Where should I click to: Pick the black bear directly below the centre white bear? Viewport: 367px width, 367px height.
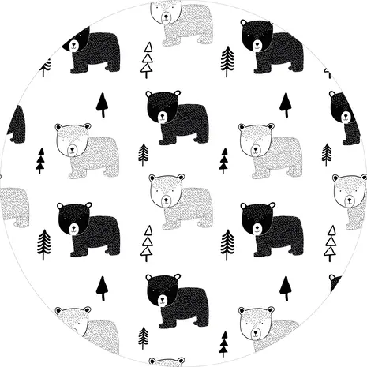coord(178,300)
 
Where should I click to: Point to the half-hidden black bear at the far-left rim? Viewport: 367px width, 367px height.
coord(17,124)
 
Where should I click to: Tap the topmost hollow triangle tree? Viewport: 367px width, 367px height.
coord(148,60)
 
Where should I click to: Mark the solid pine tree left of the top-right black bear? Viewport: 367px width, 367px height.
coord(227,60)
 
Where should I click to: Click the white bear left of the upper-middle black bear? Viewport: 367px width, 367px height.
coord(86,149)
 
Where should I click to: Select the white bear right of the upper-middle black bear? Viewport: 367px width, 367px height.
coord(270,149)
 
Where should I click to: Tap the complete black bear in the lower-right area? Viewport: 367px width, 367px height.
coord(272,229)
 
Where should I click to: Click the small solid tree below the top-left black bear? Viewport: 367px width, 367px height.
coord(102,104)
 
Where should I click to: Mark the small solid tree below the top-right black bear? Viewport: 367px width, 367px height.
coord(285,104)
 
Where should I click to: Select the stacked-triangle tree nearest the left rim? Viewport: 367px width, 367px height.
coord(41,160)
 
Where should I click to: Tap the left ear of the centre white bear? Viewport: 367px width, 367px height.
coord(154,179)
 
